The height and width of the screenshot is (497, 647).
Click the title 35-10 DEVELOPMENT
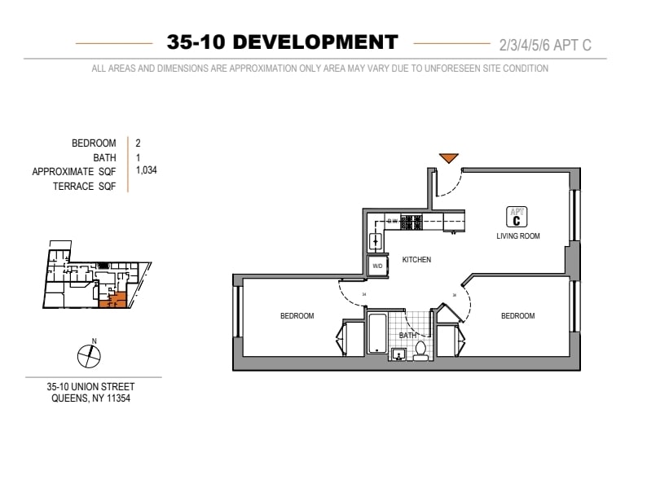282,42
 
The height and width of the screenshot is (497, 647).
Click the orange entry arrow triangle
449,158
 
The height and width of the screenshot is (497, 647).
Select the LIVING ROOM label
518,236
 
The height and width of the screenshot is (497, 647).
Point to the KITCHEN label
416,260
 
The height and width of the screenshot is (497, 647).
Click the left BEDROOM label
297,316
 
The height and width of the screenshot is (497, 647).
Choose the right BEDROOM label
517,316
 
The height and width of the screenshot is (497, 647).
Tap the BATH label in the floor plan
407,335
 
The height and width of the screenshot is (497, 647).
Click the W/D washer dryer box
377,266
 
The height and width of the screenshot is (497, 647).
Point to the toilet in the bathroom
420,350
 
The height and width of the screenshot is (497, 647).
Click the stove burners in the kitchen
412,220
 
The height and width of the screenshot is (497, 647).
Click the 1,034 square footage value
147,171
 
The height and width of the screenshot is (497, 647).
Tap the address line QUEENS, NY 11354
91,398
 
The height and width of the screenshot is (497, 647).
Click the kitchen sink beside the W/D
376,240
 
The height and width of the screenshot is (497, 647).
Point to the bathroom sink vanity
399,353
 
